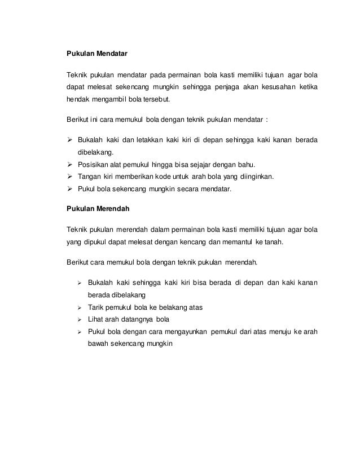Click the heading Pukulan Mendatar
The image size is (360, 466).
97,55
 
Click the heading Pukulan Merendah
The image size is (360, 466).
98,208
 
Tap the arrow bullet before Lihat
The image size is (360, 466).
80,319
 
